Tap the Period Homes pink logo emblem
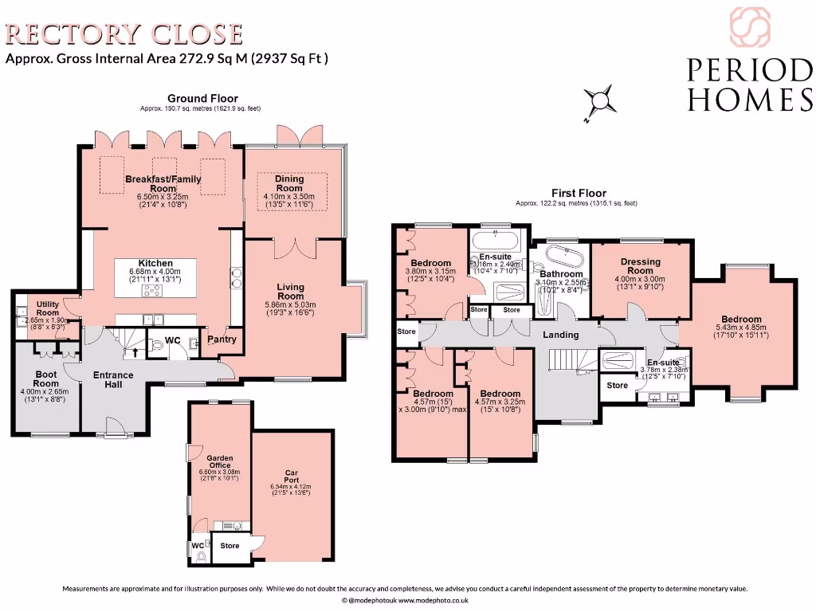pos(750,27)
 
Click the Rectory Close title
pos(124,34)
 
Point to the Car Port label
pos(291,477)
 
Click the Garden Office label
pos(219,461)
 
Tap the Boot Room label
pos(46,378)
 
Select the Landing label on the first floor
pos(560,335)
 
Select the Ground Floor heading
pos(202,99)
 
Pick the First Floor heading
pos(579,193)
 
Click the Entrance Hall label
pos(113,379)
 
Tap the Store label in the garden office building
pos(229,546)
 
